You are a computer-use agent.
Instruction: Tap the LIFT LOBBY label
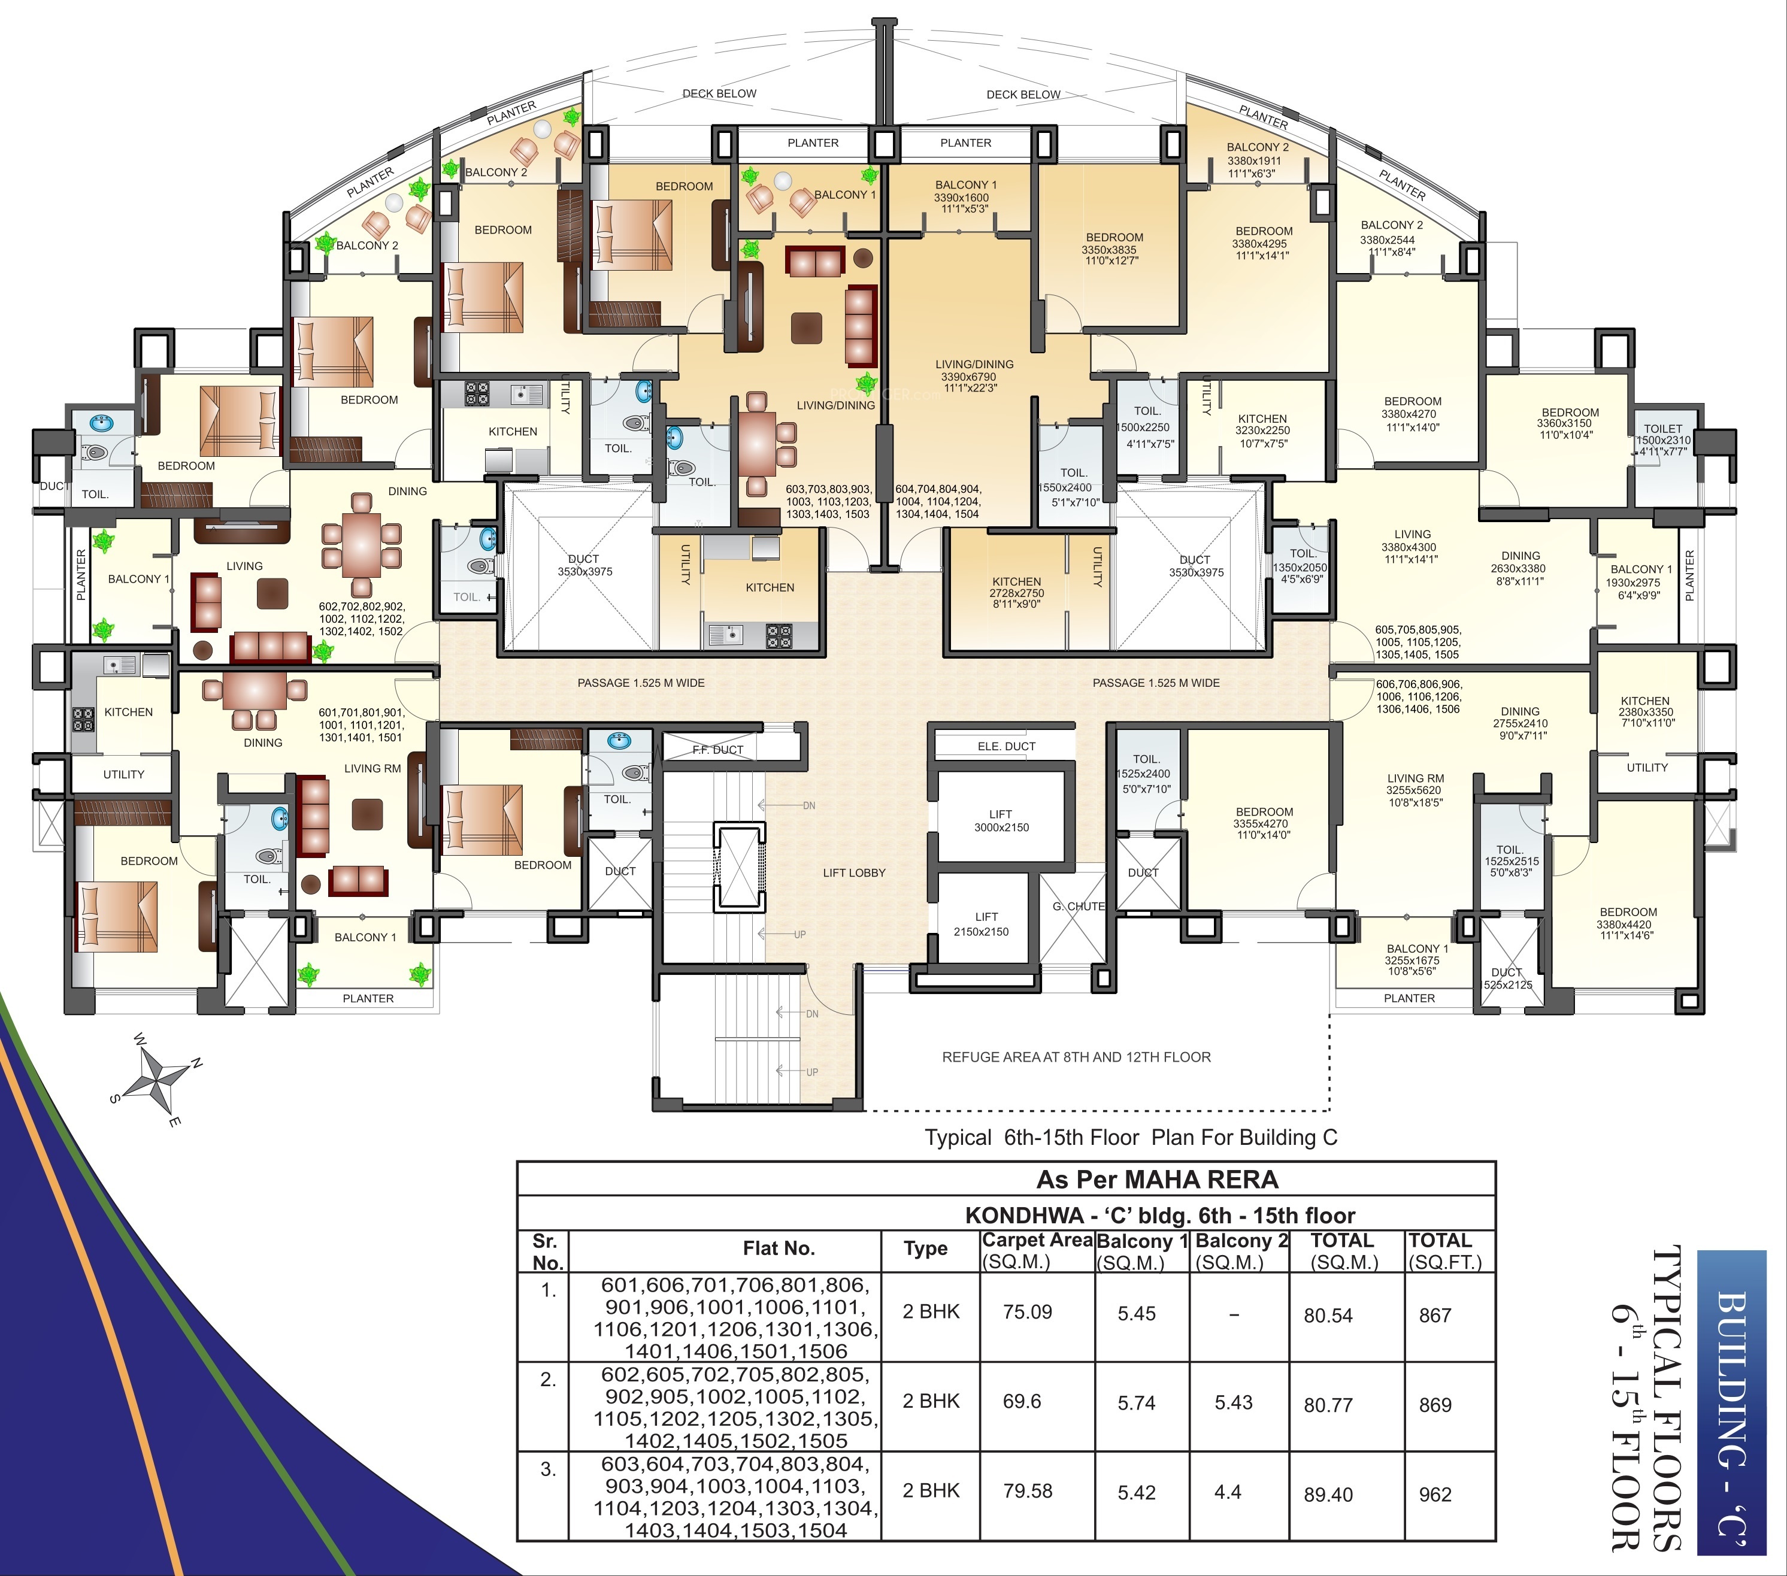point(854,872)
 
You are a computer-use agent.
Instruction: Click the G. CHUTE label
point(1079,907)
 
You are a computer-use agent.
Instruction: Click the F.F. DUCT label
point(718,750)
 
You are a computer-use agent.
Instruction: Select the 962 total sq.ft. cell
point(1435,1495)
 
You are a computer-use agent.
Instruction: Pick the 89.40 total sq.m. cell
point(1328,1495)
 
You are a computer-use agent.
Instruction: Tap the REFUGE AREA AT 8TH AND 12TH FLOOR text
point(1076,1057)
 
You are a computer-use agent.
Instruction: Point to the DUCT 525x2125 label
point(1507,978)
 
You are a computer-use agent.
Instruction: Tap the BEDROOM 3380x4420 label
point(1628,923)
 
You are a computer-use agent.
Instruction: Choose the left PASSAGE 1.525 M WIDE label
point(641,683)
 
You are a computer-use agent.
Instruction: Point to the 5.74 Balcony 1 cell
point(1137,1403)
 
